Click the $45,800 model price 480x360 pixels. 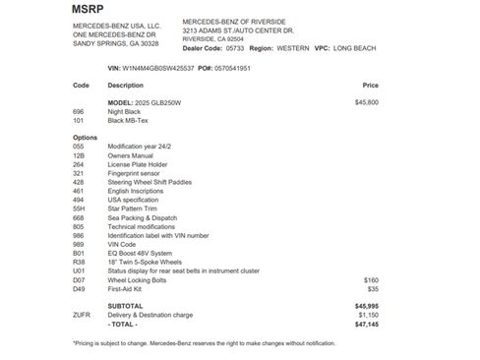click(367, 101)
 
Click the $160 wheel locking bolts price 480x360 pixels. click(371, 280)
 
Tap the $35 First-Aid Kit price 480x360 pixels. click(373, 289)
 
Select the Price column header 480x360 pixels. click(370, 86)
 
